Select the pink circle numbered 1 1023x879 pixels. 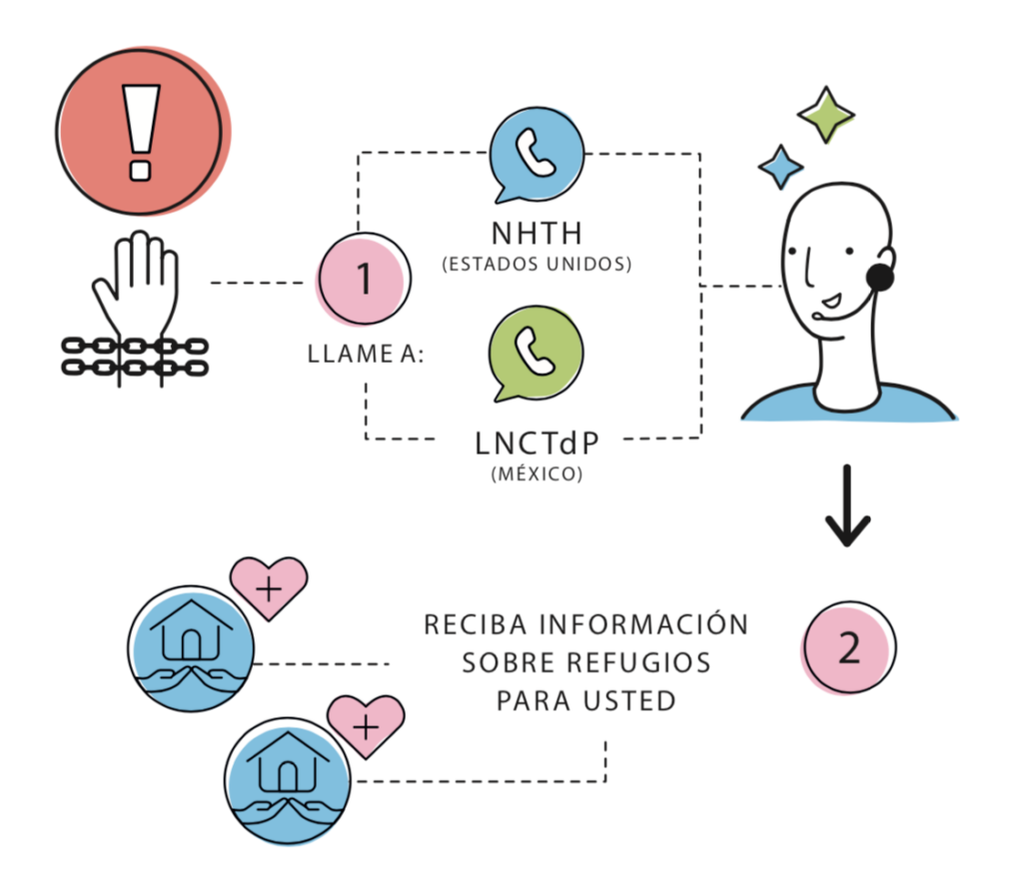click(364, 280)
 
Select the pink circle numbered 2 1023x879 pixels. click(849, 647)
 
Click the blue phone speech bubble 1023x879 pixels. click(536, 153)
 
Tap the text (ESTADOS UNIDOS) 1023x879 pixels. click(536, 266)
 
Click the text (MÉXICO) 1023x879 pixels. click(536, 472)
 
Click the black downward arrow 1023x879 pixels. click(847, 507)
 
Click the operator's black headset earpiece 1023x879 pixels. click(880, 277)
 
